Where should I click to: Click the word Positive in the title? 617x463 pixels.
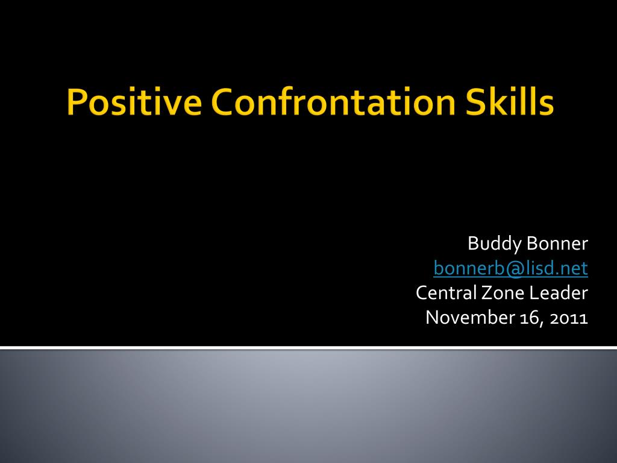pos(134,101)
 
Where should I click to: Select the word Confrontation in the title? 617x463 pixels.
pos(333,101)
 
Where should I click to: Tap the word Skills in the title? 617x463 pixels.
pos(510,101)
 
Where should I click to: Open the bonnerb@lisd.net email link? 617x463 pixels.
pos(511,268)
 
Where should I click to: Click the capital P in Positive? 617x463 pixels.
pos(76,101)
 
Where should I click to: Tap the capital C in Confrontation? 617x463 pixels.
pos(223,101)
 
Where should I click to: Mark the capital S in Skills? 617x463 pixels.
pos(475,101)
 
